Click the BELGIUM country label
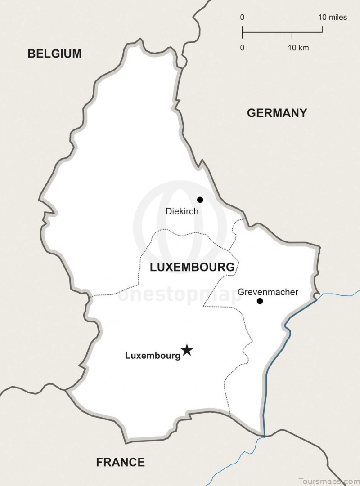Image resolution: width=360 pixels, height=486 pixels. click(54, 54)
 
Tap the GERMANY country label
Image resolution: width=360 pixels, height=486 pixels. click(277, 113)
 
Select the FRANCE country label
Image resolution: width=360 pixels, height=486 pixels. click(120, 462)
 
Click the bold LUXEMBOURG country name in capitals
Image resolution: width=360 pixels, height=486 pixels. click(192, 267)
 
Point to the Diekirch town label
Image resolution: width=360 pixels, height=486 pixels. click(182, 211)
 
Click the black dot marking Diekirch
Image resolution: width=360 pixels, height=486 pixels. click(200, 200)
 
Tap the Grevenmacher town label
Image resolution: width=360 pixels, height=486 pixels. click(268, 292)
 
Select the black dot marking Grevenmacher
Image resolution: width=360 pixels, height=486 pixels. click(260, 301)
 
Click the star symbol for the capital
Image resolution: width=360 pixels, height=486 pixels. click(187, 350)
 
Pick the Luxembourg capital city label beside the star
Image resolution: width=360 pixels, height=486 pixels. click(153, 355)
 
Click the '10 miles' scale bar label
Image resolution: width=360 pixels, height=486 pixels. click(333, 18)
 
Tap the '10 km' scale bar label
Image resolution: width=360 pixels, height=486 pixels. click(298, 48)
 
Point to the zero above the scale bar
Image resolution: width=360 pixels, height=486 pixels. click(242, 18)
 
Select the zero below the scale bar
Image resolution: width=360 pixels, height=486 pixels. click(242, 48)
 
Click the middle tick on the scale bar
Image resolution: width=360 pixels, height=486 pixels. click(292, 35)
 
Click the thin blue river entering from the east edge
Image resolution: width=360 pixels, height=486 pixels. click(342, 294)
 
